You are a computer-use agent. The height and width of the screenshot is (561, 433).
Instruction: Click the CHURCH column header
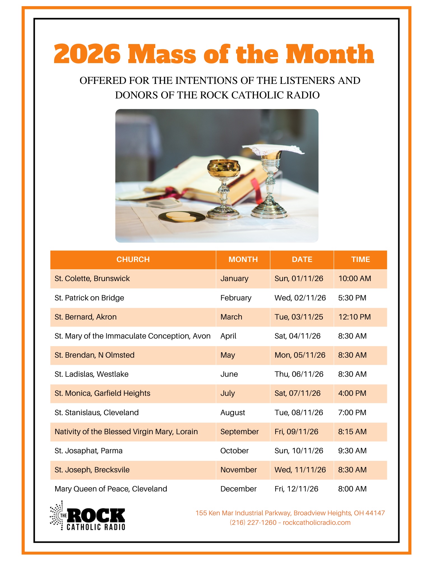tap(133, 259)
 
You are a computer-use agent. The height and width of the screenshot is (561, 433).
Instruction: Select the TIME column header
tap(360, 259)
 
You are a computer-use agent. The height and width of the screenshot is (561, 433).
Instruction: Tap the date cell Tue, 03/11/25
tap(299, 317)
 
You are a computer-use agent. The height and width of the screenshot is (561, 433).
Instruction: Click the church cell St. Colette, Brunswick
tap(92, 279)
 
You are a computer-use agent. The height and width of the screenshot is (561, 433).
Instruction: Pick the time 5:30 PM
tap(352, 298)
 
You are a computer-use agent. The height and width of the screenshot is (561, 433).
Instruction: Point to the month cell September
tap(239, 432)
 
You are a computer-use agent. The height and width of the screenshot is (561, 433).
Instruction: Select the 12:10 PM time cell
tap(355, 317)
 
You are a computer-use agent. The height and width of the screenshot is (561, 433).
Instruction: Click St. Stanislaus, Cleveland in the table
tap(97, 413)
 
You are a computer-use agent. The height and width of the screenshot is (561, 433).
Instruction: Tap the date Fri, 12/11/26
tap(296, 489)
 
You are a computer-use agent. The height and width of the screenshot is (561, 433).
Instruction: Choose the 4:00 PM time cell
tap(352, 393)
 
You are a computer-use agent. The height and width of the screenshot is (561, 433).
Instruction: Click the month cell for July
tap(228, 393)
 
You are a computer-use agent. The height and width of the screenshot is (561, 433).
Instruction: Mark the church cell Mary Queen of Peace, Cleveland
tap(111, 489)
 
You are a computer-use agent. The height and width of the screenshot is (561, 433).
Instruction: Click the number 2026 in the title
tap(87, 54)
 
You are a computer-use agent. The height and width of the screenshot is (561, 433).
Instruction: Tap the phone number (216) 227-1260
tap(253, 523)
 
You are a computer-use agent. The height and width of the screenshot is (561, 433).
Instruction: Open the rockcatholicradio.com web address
tap(317, 523)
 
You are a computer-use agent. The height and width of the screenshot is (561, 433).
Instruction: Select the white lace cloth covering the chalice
tap(273, 149)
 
